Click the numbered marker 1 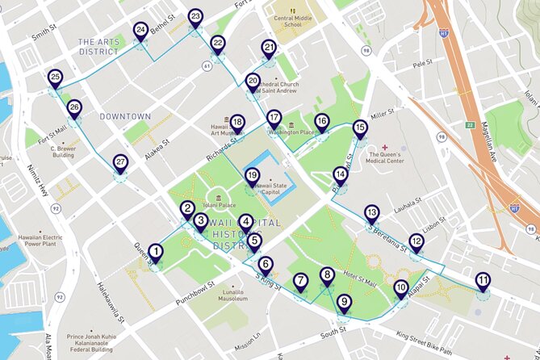point(154,253)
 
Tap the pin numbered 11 point(482,281)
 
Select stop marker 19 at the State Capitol point(252,176)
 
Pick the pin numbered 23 point(195,17)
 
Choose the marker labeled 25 point(55,78)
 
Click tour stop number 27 point(120,162)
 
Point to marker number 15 point(360,128)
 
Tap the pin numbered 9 point(345,303)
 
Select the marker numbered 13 point(371,213)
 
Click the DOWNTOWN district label point(125,116)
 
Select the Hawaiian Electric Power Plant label point(41,241)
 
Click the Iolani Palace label point(220,205)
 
